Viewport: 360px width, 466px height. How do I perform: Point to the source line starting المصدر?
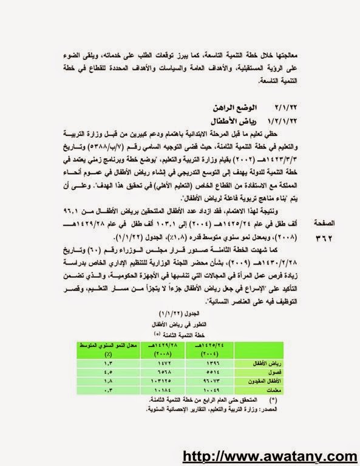point(207,409)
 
